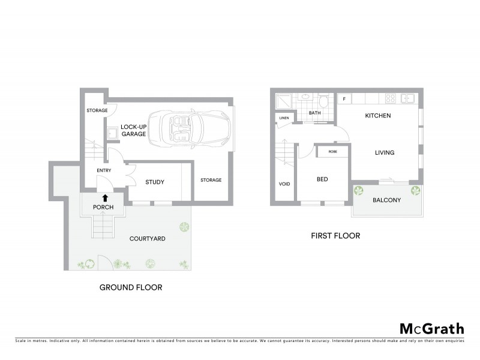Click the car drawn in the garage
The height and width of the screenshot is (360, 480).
pyautogui.click(x=190, y=128)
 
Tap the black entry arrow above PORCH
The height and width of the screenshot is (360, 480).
pyautogui.click(x=104, y=197)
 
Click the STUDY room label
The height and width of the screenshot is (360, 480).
pyautogui.click(x=155, y=182)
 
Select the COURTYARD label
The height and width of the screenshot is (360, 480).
pyautogui.click(x=148, y=239)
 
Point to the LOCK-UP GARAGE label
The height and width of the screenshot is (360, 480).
pyautogui.click(x=133, y=130)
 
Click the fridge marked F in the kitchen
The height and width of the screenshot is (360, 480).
pyautogui.click(x=344, y=98)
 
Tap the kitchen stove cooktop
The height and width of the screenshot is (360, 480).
pyautogui.click(x=389, y=99)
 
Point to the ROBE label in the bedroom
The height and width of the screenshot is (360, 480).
pyautogui.click(x=332, y=152)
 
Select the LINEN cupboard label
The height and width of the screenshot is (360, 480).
pyautogui.click(x=284, y=118)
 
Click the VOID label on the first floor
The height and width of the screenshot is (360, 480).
pyautogui.click(x=284, y=184)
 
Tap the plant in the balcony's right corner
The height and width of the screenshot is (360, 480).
pyautogui.click(x=415, y=191)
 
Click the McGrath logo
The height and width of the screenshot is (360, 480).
pyautogui.click(x=431, y=328)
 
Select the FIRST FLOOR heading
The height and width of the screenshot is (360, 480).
pyautogui.click(x=335, y=236)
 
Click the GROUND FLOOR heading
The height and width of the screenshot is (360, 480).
pyautogui.click(x=130, y=287)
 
